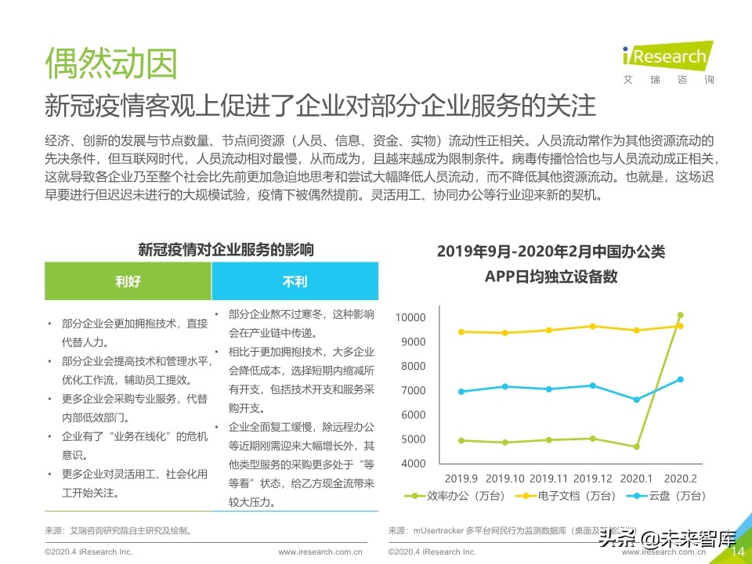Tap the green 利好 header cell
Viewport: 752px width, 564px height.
pyautogui.click(x=128, y=281)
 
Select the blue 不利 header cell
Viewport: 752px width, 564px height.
pyautogui.click(x=295, y=281)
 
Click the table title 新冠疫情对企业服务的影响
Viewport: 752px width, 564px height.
pyautogui.click(x=226, y=251)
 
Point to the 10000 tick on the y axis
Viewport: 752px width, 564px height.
pyautogui.click(x=410, y=318)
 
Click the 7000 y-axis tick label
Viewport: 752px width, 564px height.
pyautogui.click(x=412, y=391)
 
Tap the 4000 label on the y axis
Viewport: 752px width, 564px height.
pyautogui.click(x=412, y=464)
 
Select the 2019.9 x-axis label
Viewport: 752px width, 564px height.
pyautogui.click(x=461, y=478)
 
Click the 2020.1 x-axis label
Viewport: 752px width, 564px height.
pyautogui.click(x=636, y=478)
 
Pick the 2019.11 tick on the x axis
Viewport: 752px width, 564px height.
pyautogui.click(x=548, y=478)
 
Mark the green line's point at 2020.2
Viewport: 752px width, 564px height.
pyautogui.click(x=680, y=316)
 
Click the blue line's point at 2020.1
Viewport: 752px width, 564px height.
pyautogui.click(x=636, y=399)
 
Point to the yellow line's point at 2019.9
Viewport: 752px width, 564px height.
pyautogui.click(x=461, y=331)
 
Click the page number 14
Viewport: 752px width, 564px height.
pyautogui.click(x=737, y=552)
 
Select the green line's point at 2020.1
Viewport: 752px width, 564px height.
pyautogui.click(x=636, y=446)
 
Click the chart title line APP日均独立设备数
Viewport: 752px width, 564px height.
pyautogui.click(x=551, y=277)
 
